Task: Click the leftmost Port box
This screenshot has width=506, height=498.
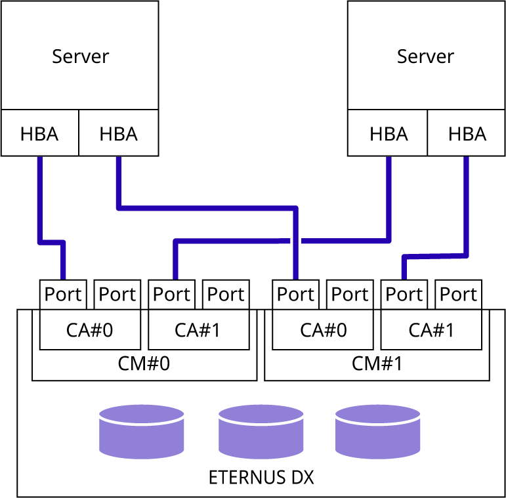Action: point(63,295)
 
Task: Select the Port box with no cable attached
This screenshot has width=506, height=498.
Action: point(117,295)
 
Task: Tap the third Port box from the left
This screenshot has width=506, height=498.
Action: point(171,295)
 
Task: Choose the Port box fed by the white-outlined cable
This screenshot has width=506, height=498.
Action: point(295,295)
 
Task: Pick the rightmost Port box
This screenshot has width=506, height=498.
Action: point(404,295)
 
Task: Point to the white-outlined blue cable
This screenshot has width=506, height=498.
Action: point(210,208)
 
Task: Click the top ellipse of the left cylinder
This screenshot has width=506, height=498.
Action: point(142,414)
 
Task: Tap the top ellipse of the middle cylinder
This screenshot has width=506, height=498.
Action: point(261,414)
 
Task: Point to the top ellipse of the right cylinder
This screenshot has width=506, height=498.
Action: point(377,414)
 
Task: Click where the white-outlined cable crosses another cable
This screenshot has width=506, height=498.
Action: point(295,241)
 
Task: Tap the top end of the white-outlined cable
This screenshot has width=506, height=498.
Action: point(119,159)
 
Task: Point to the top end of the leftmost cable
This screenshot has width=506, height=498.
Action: point(40,159)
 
